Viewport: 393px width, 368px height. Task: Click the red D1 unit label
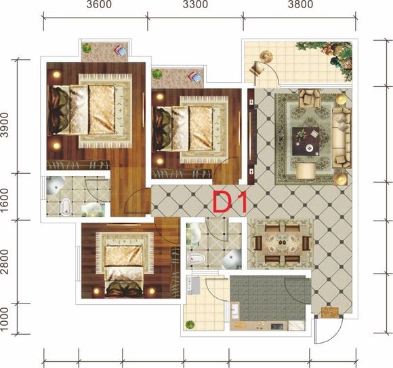[230, 201]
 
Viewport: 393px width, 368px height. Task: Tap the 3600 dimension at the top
[99, 5]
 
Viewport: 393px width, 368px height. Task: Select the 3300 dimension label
[195, 5]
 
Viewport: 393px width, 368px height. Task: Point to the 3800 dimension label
[300, 5]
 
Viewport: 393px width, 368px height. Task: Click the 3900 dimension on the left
[4, 125]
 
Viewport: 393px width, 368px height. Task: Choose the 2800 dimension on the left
[4, 261]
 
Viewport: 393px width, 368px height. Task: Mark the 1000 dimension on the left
[4, 319]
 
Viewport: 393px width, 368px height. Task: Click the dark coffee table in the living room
[306, 141]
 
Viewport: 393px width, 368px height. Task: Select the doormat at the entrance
[330, 312]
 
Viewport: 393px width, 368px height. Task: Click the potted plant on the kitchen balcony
[190, 325]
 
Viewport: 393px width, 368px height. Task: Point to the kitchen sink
[235, 311]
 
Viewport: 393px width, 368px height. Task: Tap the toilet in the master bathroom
[66, 207]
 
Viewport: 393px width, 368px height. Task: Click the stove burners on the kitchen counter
[277, 327]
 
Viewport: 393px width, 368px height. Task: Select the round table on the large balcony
[266, 56]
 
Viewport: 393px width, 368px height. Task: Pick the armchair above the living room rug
[310, 98]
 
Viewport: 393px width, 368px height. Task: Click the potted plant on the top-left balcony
[87, 48]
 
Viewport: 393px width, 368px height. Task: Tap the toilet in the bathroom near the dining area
[196, 258]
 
